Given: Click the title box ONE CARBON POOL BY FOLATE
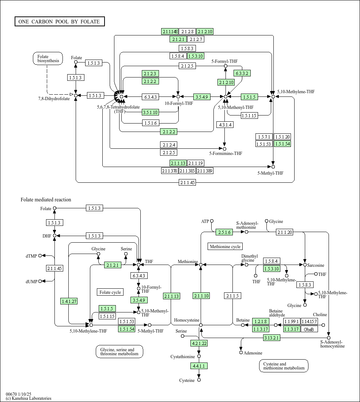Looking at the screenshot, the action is click(60, 22).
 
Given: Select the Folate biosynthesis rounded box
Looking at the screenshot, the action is click(48, 58).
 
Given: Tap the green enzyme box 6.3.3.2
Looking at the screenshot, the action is click(242, 73).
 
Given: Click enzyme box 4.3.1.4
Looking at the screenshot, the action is click(225, 125).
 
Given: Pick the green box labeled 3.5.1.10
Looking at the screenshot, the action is click(150, 112).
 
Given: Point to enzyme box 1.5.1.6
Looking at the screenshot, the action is click(151, 123).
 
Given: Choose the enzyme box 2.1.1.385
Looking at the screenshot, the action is click(187, 171).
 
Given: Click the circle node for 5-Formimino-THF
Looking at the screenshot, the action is click(225, 149).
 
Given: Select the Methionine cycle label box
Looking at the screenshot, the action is click(225, 246).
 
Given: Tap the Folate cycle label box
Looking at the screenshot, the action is click(110, 292).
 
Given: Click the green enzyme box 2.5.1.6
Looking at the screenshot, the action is click(224, 232).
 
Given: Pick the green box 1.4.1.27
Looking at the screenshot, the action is click(69, 301).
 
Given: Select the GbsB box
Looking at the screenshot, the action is click(309, 329).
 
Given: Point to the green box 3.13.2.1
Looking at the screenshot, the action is click(272, 338).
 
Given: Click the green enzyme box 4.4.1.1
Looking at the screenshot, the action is click(199, 366).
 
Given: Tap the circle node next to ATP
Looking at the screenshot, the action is click(212, 221).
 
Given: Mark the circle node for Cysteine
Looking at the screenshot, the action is click(199, 380).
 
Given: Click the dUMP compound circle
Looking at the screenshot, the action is click(40, 281).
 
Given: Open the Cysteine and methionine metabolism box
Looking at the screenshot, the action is click(284, 366).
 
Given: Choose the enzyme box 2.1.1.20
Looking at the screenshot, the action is click(285, 232).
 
